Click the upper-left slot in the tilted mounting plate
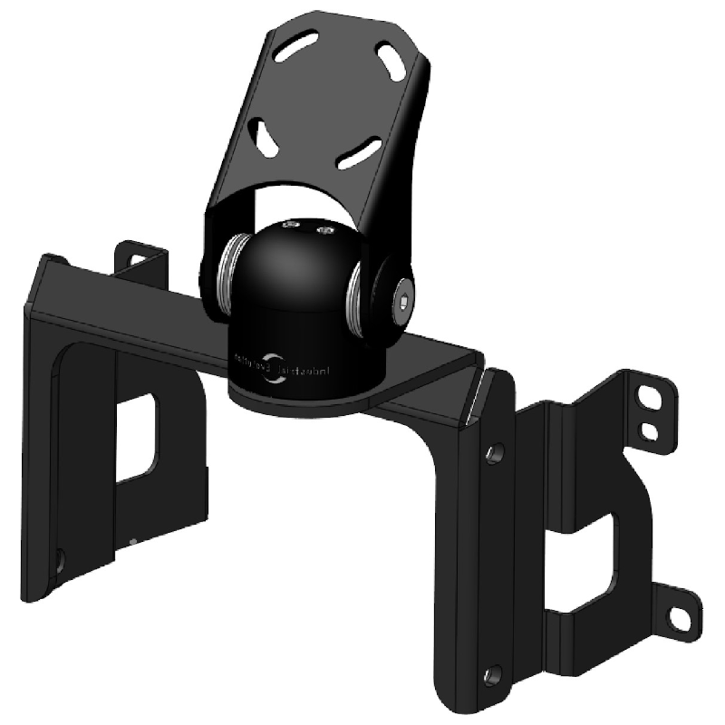[298, 46]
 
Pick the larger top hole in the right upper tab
[652, 396]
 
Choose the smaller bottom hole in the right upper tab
[649, 427]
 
